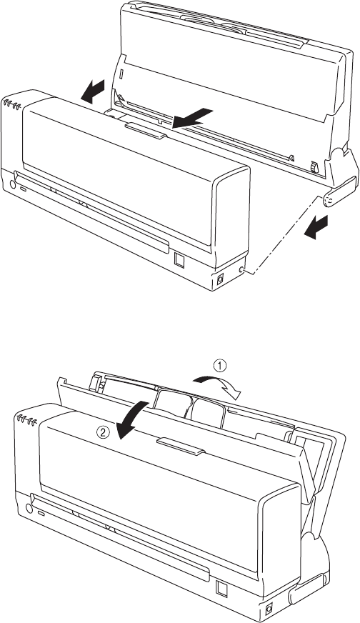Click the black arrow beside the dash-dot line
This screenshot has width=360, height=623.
[316, 228]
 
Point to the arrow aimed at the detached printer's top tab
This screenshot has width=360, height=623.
[193, 118]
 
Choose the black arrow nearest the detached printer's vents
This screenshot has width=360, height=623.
[93, 91]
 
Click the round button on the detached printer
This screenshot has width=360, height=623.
[12, 184]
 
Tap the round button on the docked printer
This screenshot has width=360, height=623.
[29, 509]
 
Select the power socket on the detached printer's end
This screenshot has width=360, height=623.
[220, 279]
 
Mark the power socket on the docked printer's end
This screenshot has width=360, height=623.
[269, 608]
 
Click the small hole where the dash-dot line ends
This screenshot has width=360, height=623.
[241, 271]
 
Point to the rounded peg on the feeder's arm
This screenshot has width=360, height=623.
[328, 201]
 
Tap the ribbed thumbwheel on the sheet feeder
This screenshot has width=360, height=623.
[315, 168]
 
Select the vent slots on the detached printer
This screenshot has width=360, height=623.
[12, 105]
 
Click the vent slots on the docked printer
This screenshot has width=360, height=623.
[26, 419]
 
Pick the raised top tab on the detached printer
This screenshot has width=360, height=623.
[146, 131]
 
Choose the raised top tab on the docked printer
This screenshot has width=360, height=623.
[181, 447]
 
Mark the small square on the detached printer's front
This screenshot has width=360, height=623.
[179, 260]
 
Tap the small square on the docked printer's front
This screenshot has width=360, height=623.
[221, 589]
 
